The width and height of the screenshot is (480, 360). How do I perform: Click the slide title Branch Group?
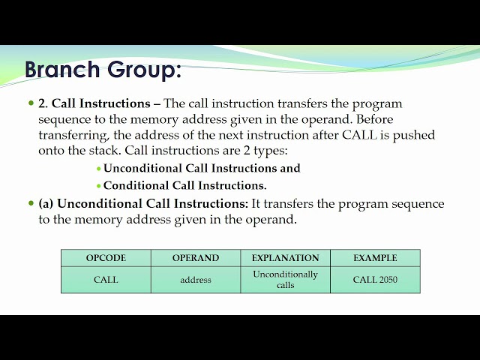click(x=103, y=70)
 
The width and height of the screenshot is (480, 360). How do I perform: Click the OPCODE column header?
click(x=106, y=258)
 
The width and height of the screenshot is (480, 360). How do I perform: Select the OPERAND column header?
click(x=196, y=258)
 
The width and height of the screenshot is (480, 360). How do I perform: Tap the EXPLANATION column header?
click(x=285, y=258)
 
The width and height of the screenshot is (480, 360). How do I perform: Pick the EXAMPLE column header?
click(x=375, y=258)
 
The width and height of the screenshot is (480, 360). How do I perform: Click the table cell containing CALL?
click(x=106, y=280)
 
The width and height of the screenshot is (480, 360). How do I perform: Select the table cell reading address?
click(x=196, y=280)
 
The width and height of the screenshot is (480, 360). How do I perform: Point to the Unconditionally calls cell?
click(x=285, y=280)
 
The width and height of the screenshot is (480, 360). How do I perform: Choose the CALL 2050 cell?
click(x=375, y=280)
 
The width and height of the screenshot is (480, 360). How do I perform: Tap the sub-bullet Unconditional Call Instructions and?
click(x=202, y=168)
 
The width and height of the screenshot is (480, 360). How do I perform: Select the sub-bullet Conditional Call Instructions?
click(x=184, y=185)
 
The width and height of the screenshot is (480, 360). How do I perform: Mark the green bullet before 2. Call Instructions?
click(x=31, y=103)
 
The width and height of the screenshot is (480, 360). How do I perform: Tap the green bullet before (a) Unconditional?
click(x=31, y=204)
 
